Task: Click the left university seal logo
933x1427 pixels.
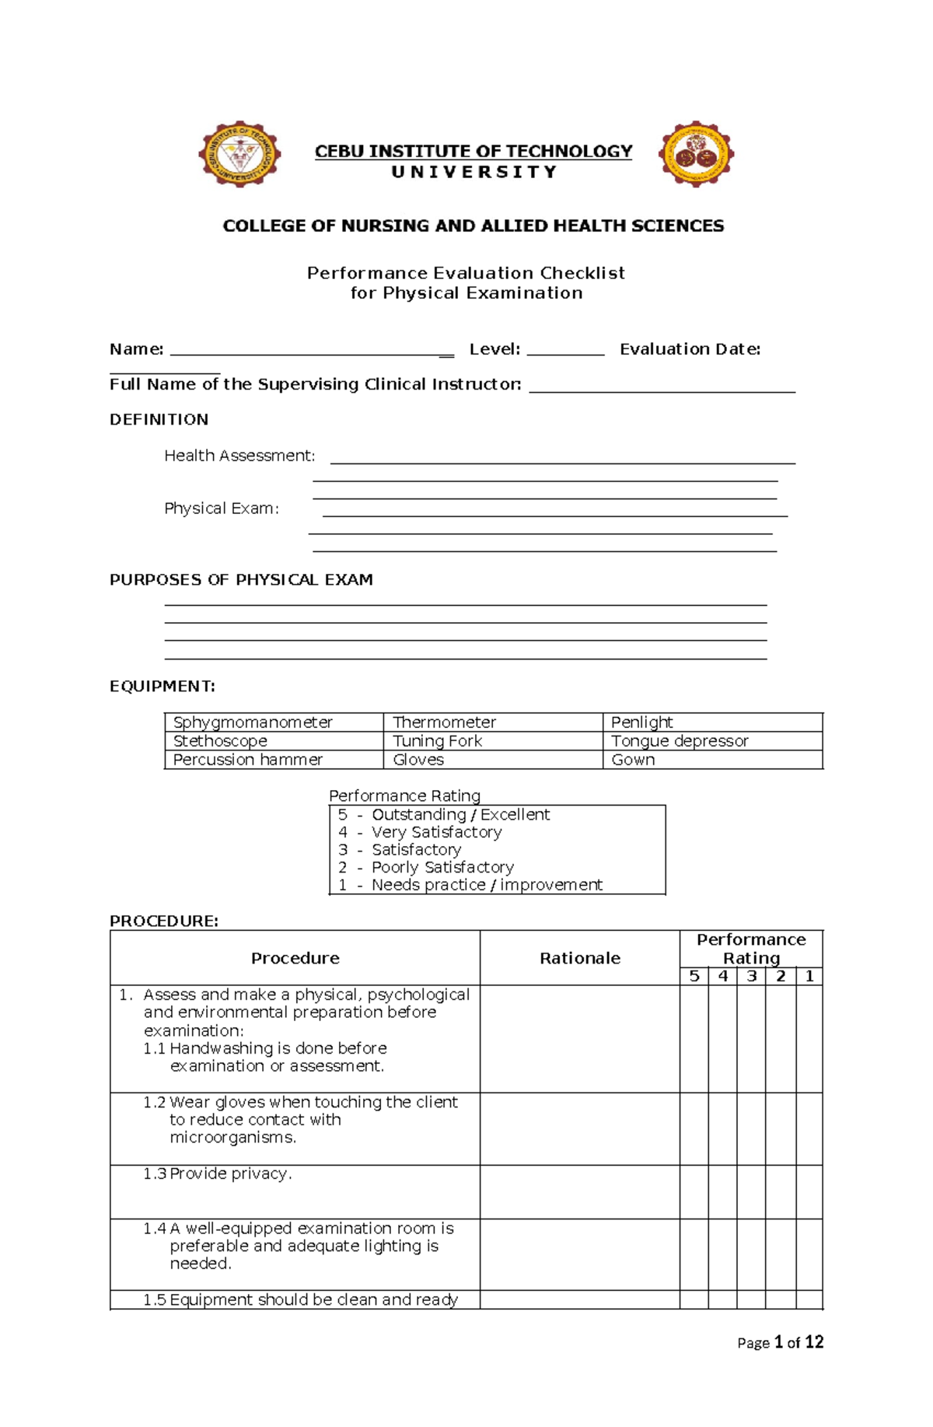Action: pyautogui.click(x=239, y=154)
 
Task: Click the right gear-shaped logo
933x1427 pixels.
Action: pyautogui.click(x=696, y=154)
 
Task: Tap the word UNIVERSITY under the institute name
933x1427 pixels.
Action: pyautogui.click(x=473, y=172)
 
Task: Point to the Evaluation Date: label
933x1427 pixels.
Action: pyautogui.click(x=690, y=349)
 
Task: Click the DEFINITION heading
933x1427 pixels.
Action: pyautogui.click(x=159, y=419)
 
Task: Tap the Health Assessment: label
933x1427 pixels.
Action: pyautogui.click(x=239, y=456)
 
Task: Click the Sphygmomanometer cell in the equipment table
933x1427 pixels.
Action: pyautogui.click(x=253, y=722)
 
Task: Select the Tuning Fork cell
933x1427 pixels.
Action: pyautogui.click(x=437, y=741)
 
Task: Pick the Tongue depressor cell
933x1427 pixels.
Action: pyautogui.click(x=680, y=741)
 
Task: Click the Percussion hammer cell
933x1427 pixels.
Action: pyautogui.click(x=247, y=760)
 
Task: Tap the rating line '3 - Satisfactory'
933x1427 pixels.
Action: pyautogui.click(x=400, y=849)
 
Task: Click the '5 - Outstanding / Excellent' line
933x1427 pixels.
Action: pyautogui.click(x=444, y=814)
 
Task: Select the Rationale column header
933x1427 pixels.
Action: pyautogui.click(x=579, y=958)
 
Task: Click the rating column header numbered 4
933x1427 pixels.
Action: pyautogui.click(x=722, y=976)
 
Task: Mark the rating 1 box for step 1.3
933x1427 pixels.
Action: pyautogui.click(x=809, y=1191)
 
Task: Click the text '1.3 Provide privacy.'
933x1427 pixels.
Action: pyautogui.click(x=218, y=1173)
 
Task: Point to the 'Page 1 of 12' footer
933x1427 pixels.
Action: pyautogui.click(x=780, y=1342)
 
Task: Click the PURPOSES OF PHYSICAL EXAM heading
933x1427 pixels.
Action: pyautogui.click(x=241, y=579)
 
